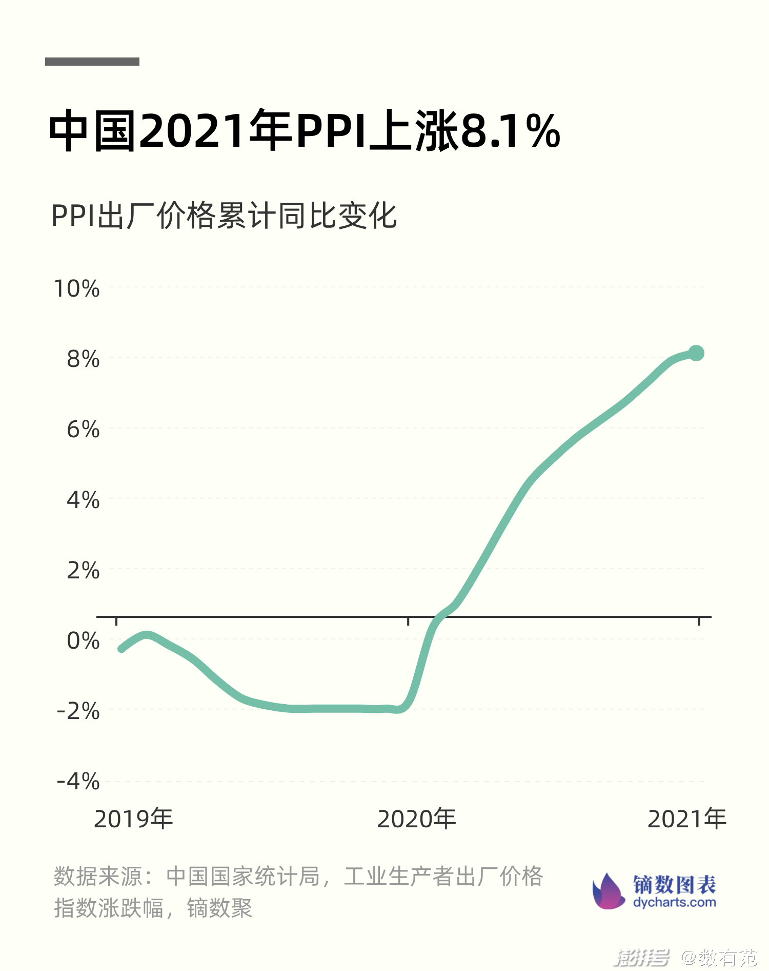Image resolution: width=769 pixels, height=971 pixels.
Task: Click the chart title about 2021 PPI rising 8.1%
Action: [305, 130]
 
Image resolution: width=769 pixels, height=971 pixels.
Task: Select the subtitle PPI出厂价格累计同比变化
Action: [224, 216]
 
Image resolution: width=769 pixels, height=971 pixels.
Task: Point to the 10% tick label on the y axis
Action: [77, 288]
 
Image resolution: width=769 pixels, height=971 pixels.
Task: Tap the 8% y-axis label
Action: [83, 359]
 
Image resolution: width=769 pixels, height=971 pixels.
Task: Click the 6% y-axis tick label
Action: [83, 429]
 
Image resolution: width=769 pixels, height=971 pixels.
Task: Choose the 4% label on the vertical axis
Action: [83, 499]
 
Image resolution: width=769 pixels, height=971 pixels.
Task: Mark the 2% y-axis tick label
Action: [83, 570]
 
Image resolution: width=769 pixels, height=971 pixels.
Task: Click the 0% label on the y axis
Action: [83, 640]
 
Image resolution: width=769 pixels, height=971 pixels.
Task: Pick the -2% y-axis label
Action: [78, 711]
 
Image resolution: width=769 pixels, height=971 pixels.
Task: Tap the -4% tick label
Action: [78, 782]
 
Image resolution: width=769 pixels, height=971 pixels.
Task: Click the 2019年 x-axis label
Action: [133, 819]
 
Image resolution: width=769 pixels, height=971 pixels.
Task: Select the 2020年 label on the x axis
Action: [416, 819]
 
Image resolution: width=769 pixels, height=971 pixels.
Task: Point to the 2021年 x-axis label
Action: [687, 819]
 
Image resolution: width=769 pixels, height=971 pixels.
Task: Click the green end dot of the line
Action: [696, 353]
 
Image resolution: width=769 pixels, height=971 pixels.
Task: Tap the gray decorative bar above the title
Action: [92, 62]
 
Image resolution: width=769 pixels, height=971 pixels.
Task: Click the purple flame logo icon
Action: [608, 892]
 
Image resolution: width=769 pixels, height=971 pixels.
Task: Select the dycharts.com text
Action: [674, 902]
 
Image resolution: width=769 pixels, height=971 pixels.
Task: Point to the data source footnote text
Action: [297, 892]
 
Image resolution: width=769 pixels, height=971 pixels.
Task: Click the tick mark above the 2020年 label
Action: [408, 621]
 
